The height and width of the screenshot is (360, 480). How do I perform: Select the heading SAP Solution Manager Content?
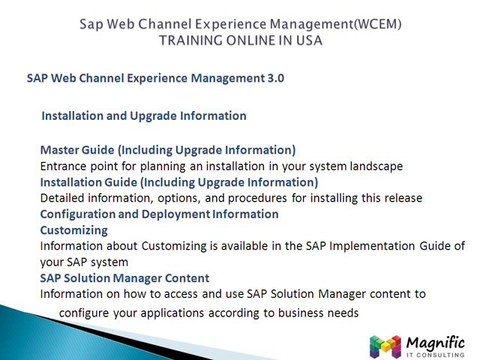(124, 277)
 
